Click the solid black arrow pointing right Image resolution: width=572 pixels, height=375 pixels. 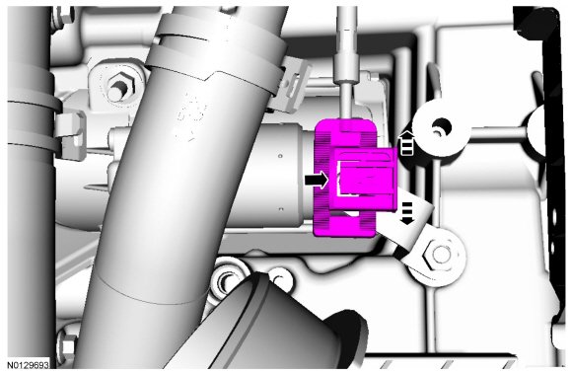pos(317,181)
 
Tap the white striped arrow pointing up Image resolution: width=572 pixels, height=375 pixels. pos(406,143)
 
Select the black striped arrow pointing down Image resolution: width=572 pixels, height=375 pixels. pos(406,213)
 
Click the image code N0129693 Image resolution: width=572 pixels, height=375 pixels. pos(28,364)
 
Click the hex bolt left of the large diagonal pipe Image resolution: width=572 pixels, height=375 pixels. pos(119,87)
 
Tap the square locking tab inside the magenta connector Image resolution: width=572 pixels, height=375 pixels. pos(366,179)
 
